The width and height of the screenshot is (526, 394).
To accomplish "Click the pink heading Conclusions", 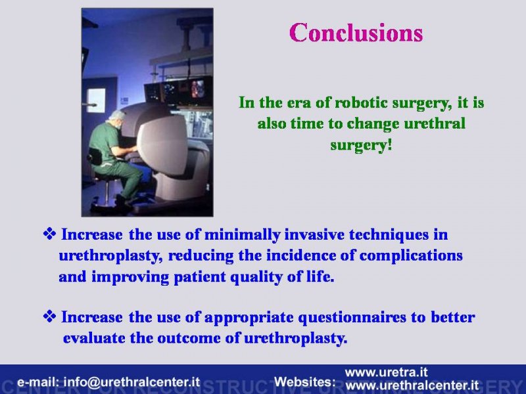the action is [x=356, y=32].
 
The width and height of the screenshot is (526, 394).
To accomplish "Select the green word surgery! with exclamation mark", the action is [x=361, y=145].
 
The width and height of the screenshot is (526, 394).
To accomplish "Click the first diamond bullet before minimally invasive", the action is [x=49, y=234].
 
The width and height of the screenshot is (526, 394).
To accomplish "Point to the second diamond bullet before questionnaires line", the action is [x=49, y=317].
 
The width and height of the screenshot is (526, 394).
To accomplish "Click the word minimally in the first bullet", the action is [x=242, y=235].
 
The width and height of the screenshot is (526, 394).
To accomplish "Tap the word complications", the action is [x=411, y=256].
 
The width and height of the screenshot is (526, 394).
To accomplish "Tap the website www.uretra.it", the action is [x=386, y=372].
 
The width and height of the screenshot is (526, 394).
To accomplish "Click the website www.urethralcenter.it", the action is [x=412, y=385].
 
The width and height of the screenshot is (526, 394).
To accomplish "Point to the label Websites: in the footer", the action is [x=305, y=382].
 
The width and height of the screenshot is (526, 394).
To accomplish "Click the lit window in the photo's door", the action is [x=96, y=100].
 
